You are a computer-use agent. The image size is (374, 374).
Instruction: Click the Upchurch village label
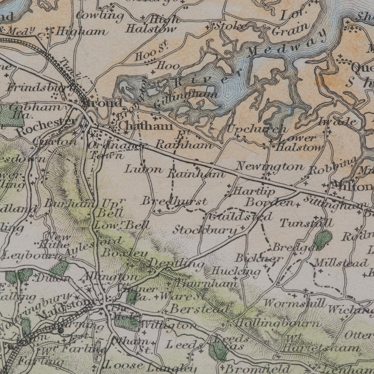point(258,129)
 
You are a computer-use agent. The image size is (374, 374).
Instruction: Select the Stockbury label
point(205,229)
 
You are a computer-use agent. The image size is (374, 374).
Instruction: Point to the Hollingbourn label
point(279,322)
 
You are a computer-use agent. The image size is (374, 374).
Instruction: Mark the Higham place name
point(80,32)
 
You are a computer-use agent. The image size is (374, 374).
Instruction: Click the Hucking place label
point(236,271)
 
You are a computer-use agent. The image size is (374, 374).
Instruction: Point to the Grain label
point(291,30)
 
